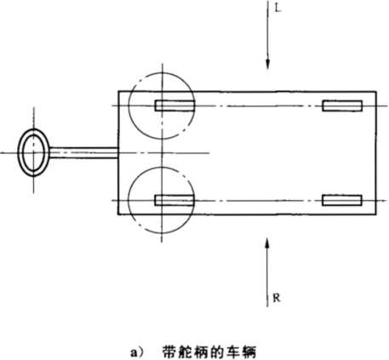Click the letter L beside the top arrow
point(277,9)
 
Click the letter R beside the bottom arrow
point(277,298)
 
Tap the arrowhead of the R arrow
point(267,244)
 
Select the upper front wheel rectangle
point(174,106)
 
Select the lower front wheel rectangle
point(174,200)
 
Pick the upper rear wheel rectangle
point(342,106)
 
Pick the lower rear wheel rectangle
point(342,200)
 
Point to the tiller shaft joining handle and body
point(84,152)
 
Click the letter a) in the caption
point(137,352)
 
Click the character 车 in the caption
point(233,352)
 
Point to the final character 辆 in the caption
point(249,352)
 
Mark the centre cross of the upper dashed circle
point(162,106)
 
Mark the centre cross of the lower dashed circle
point(162,200)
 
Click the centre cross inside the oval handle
point(34,152)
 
